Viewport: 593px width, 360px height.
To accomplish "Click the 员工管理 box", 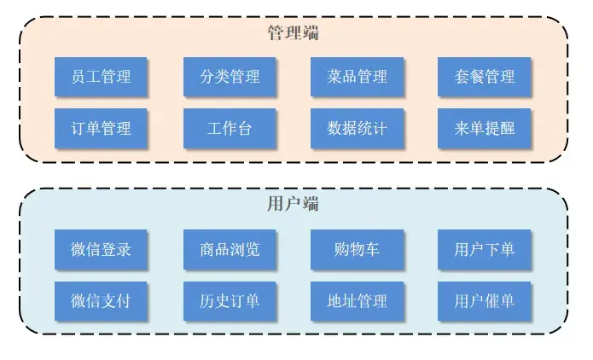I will click(101, 77).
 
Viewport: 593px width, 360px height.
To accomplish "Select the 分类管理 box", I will click(230, 77).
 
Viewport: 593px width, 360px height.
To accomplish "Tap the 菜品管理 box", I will click(357, 77).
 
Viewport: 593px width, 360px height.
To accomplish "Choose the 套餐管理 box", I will click(484, 77).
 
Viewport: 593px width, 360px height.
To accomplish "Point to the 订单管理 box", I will click(101, 129).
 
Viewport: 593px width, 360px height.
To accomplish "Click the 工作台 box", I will click(230, 129).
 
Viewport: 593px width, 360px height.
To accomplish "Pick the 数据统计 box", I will click(357, 129).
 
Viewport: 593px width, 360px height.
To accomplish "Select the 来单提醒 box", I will click(484, 129).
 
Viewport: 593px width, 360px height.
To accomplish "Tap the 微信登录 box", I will click(101, 250).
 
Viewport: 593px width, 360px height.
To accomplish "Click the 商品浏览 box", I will click(230, 250).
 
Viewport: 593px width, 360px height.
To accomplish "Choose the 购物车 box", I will click(357, 250).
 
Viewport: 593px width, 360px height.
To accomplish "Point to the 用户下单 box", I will click(484, 250).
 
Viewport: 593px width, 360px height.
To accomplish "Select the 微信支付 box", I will click(101, 300).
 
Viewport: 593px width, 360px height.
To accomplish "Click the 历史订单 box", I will click(230, 300).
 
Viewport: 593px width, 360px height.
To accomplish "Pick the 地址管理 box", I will click(357, 300).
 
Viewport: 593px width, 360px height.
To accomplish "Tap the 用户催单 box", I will click(484, 300).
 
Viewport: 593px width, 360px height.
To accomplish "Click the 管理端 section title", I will click(294, 33).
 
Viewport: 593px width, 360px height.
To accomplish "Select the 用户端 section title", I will click(294, 204).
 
